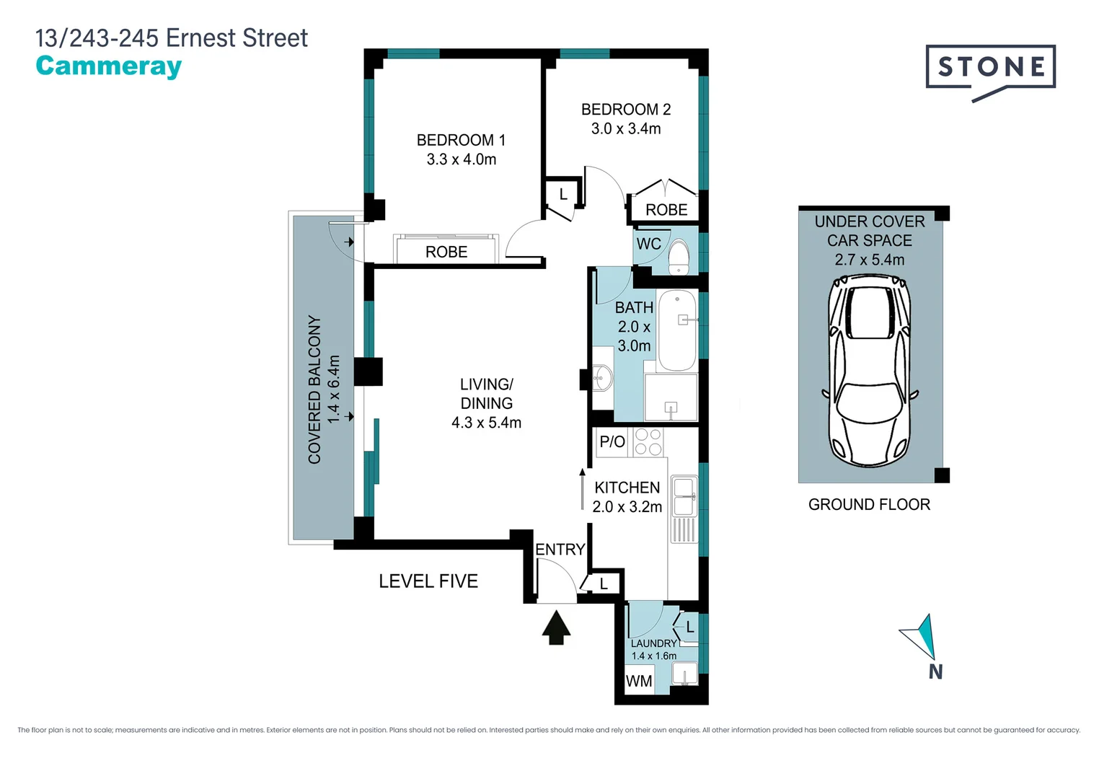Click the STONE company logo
pyautogui.click(x=990, y=69)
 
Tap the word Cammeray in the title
pyautogui.click(x=109, y=66)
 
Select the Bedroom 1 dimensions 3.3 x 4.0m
pyautogui.click(x=461, y=159)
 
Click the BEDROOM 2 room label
pyautogui.click(x=625, y=110)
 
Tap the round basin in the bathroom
pyautogui.click(x=601, y=377)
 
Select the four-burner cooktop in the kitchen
pyautogui.click(x=648, y=442)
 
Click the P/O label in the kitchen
pyautogui.click(x=612, y=441)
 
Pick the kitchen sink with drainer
pyautogui.click(x=684, y=508)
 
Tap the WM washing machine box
pyautogui.click(x=639, y=681)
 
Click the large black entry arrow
pyautogui.click(x=556, y=627)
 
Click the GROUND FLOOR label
pyautogui.click(x=869, y=505)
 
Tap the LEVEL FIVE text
pyautogui.click(x=428, y=581)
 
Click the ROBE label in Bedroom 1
pyautogui.click(x=446, y=252)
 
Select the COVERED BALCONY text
pyautogui.click(x=314, y=389)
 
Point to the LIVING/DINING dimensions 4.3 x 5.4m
pyautogui.click(x=486, y=423)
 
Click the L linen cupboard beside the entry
pyautogui.click(x=604, y=584)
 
